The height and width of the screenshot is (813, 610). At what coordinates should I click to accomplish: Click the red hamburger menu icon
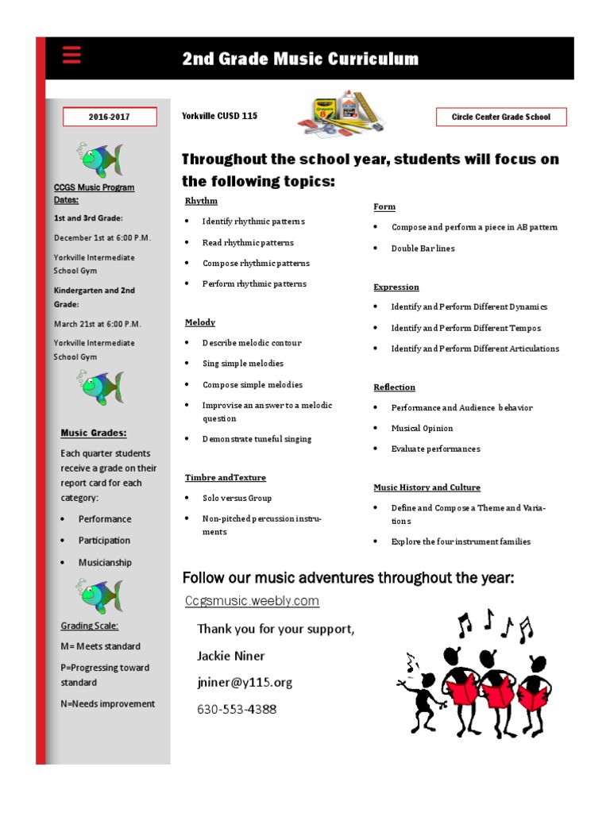[x=71, y=56]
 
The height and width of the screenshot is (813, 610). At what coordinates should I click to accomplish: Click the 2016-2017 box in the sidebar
[x=110, y=117]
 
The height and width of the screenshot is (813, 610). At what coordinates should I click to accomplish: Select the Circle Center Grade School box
[x=500, y=117]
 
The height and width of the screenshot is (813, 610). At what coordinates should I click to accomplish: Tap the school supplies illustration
[x=341, y=114]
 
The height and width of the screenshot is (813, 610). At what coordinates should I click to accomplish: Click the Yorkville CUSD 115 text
[x=219, y=116]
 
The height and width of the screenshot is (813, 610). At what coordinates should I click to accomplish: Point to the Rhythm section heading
[x=201, y=201]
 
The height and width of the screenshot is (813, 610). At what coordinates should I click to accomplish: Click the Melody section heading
[x=200, y=322]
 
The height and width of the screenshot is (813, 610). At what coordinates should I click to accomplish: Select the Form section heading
[x=384, y=206]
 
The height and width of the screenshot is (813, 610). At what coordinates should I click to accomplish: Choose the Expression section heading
[x=396, y=287]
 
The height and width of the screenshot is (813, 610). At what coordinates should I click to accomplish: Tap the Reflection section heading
[x=395, y=387]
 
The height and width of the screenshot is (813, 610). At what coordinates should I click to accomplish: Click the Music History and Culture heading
[x=427, y=487]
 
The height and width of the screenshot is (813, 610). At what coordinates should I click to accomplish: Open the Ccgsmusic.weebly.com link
[x=252, y=601]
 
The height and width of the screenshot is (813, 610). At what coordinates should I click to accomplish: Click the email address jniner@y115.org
[x=245, y=682]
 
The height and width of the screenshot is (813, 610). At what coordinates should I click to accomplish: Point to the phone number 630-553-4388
[x=237, y=709]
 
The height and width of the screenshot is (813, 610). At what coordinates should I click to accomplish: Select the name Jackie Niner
[x=231, y=656]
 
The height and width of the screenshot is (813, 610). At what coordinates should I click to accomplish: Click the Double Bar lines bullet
[x=423, y=248]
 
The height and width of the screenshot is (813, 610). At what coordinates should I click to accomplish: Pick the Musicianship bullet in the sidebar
[x=105, y=562]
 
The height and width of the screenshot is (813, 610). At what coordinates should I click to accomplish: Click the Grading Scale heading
[x=90, y=626]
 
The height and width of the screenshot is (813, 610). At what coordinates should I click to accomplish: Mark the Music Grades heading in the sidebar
[x=94, y=433]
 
